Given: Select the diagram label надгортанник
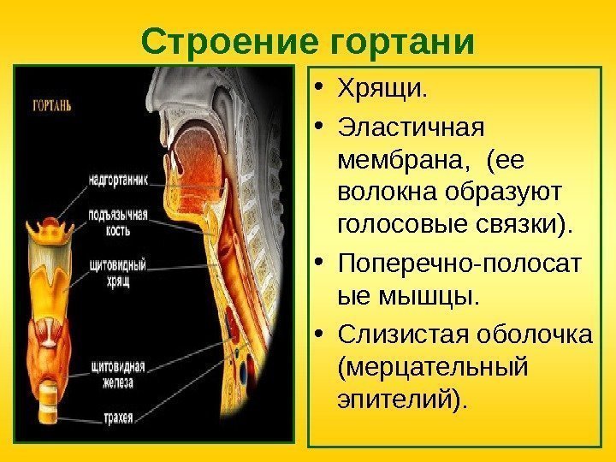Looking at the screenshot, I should pos(118,181).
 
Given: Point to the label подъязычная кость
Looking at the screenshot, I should pos(118,222).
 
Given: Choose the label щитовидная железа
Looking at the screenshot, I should pos(118,374).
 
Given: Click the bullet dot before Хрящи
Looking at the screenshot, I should pos(319,89).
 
